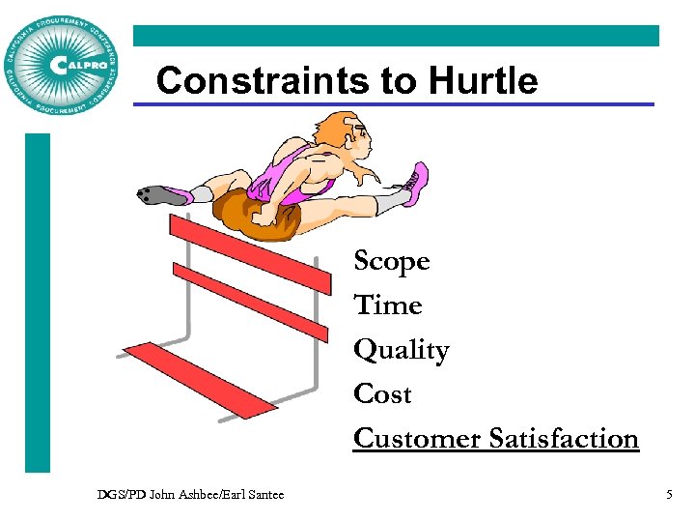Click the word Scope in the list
tap(391, 262)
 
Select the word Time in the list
tap(388, 305)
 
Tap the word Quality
tap(401, 350)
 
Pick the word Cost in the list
tap(382, 394)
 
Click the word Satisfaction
tap(564, 439)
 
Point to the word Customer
tap(417, 439)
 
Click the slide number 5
tap(669, 495)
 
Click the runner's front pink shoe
tap(415, 184)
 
